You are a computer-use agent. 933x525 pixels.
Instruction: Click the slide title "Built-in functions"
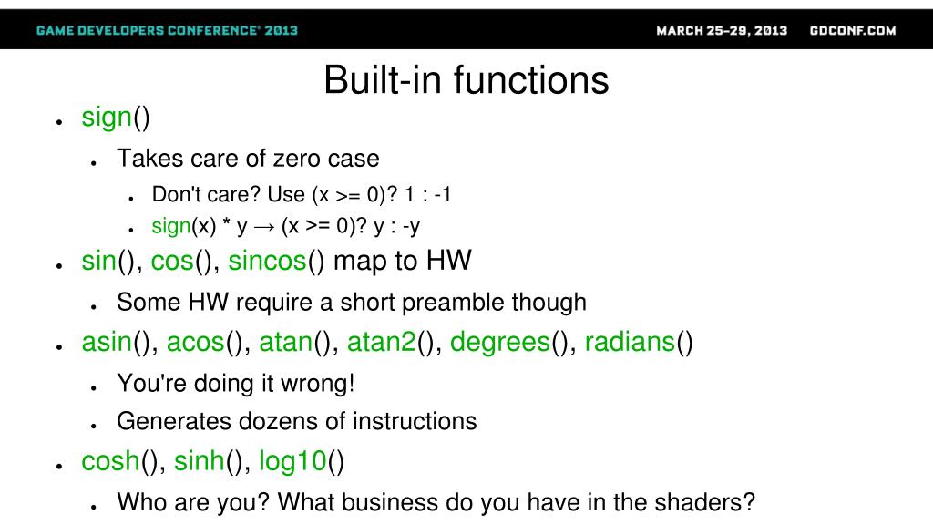(x=466, y=80)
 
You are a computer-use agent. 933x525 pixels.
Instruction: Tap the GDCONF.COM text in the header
(x=853, y=30)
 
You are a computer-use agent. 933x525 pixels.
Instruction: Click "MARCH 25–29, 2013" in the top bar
(x=722, y=30)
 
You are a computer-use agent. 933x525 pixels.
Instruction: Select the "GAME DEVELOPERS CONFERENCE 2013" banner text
(x=167, y=30)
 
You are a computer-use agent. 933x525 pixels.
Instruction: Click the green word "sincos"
(x=267, y=261)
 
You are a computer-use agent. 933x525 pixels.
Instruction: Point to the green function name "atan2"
(x=382, y=343)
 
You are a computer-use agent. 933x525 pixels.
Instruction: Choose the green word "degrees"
(x=500, y=343)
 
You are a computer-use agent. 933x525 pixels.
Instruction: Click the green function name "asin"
(x=107, y=343)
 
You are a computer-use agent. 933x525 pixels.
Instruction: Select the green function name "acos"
(x=195, y=343)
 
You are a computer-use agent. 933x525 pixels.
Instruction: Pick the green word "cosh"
(x=110, y=461)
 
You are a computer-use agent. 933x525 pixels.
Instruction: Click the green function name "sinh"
(x=199, y=461)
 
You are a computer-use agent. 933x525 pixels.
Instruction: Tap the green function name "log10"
(x=292, y=461)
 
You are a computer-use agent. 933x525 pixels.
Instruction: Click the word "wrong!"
(x=318, y=384)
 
